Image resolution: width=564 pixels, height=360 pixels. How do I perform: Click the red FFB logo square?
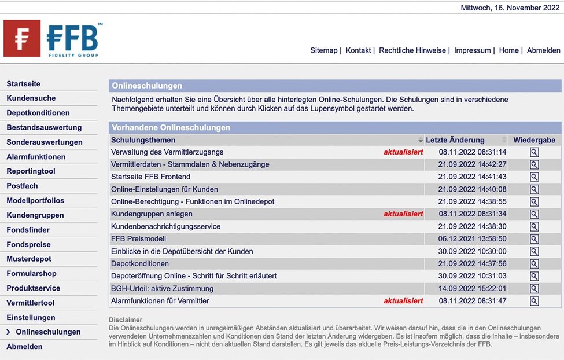coord(22,38)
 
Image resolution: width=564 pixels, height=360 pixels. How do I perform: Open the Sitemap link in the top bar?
coord(323,50)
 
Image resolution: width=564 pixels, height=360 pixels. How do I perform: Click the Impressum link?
coord(472,50)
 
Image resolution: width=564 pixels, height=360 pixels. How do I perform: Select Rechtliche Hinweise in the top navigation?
coord(412,50)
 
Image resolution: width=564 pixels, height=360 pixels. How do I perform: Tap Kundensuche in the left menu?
coord(31,98)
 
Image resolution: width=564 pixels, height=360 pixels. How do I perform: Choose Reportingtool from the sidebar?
coord(31,171)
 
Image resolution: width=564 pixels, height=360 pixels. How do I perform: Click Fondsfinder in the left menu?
coord(28,230)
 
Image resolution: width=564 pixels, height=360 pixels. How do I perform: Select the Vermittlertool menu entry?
coord(30,303)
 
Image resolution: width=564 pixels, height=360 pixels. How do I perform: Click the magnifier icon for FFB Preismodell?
coord(534,239)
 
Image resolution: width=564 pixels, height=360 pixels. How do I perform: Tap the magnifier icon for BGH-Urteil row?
coord(534,289)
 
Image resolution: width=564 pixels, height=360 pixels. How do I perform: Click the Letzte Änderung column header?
coord(455,140)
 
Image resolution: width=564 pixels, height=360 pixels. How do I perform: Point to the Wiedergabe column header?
coord(534,140)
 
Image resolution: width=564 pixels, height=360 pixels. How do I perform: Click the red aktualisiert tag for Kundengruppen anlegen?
coord(403,214)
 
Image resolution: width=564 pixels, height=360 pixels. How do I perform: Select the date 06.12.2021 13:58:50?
coord(472,239)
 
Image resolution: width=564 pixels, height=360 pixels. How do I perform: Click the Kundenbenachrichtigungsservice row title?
coord(165,226)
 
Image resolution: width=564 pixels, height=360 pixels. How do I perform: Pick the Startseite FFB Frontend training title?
coord(150,177)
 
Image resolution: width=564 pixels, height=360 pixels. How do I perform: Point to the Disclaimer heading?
coord(126,320)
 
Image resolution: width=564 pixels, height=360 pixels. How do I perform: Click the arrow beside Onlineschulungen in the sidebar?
coord(9,332)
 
